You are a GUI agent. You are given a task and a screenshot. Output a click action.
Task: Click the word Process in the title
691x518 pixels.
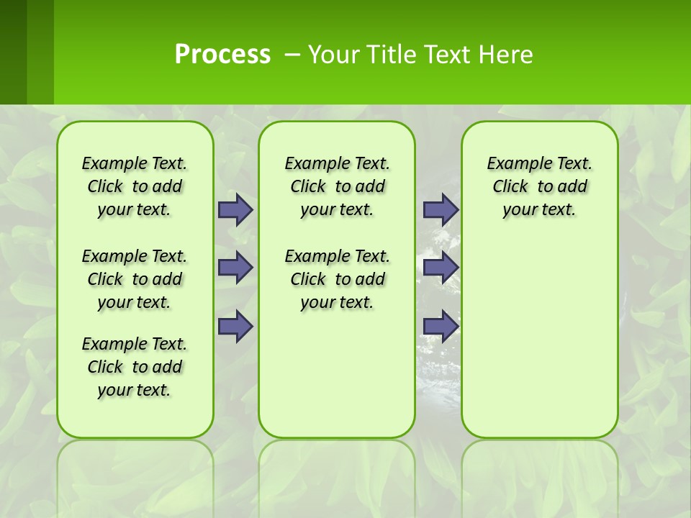(x=222, y=54)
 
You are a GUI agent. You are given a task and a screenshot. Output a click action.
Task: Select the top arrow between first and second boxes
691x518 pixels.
(x=235, y=209)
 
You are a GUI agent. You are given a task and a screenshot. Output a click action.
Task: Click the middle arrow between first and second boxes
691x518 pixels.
(x=235, y=268)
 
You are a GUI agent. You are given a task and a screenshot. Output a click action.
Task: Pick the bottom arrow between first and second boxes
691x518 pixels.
(x=235, y=326)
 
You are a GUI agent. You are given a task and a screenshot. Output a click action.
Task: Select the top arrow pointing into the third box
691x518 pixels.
(x=441, y=209)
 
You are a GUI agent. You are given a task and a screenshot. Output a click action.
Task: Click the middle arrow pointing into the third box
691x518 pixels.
(x=441, y=268)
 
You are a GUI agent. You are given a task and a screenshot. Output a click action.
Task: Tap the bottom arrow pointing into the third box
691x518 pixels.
(x=441, y=326)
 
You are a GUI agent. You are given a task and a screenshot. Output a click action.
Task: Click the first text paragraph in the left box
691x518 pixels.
(x=135, y=186)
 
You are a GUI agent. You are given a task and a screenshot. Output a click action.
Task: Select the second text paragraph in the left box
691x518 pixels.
(x=135, y=279)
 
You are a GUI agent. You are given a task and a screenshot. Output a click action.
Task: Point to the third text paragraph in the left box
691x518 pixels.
(x=135, y=367)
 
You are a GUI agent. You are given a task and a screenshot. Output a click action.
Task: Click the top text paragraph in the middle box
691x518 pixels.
(x=337, y=186)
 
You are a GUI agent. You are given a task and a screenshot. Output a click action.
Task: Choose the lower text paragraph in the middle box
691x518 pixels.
(x=337, y=279)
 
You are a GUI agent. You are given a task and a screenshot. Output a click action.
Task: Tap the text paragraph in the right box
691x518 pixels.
(x=539, y=186)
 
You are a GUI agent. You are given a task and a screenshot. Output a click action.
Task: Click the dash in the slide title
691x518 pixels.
(x=292, y=55)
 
